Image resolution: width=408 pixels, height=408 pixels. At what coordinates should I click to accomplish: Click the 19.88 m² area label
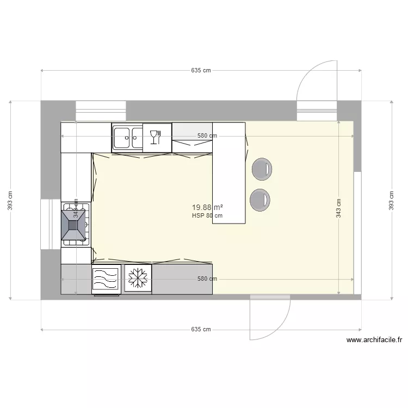pyautogui.click(x=208, y=207)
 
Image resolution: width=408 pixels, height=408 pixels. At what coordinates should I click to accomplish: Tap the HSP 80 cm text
pyautogui.click(x=207, y=215)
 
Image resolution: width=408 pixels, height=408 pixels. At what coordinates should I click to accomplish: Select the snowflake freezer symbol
pyautogui.click(x=138, y=279)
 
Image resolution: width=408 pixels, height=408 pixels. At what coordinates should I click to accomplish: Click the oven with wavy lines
pyautogui.click(x=106, y=279)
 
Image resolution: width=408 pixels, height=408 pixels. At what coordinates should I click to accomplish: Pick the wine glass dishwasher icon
pyautogui.click(x=157, y=136)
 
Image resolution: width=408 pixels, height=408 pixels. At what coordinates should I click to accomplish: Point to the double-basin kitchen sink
pyautogui.click(x=127, y=137)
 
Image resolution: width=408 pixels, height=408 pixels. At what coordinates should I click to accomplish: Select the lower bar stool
pyautogui.click(x=259, y=199)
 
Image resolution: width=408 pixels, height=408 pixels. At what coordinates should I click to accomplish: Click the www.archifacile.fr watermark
pyautogui.click(x=374, y=340)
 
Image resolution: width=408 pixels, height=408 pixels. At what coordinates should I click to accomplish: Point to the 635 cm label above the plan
pyautogui.click(x=201, y=71)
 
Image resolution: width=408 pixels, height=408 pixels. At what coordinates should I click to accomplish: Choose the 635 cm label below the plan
pyautogui.click(x=201, y=330)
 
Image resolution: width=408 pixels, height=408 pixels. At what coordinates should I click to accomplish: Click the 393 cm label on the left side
pyautogui.click(x=10, y=200)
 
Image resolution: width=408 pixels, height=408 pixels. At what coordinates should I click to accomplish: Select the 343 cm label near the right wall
pyautogui.click(x=339, y=208)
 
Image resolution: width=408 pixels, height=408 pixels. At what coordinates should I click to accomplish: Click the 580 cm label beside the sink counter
pyautogui.click(x=207, y=136)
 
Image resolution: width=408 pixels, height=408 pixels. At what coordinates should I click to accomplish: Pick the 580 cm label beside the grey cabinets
pyautogui.click(x=207, y=279)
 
